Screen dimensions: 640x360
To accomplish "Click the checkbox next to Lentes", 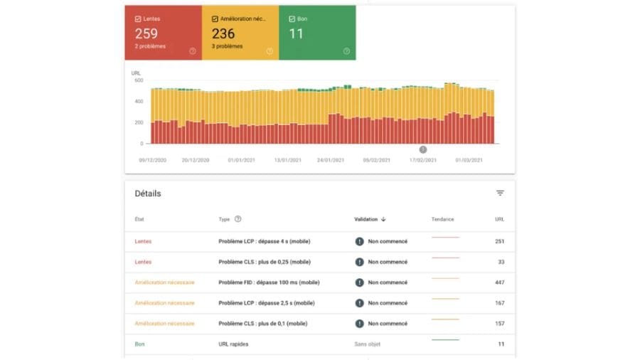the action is click(x=138, y=18).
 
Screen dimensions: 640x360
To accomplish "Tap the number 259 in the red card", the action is click(x=146, y=33).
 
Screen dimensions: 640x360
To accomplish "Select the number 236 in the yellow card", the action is click(x=223, y=33).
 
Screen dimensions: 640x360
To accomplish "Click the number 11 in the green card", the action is click(x=297, y=33).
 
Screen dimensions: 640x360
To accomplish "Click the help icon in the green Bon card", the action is click(x=346, y=51).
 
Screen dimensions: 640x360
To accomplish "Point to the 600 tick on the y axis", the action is click(x=139, y=80).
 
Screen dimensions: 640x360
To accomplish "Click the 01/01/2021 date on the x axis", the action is click(x=241, y=160).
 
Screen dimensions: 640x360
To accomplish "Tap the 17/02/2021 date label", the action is click(x=423, y=160).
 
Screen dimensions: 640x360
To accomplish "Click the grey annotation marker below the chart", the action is click(x=423, y=150).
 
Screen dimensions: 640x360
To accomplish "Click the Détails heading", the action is click(x=148, y=194).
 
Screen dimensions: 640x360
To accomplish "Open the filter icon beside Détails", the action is click(x=500, y=193).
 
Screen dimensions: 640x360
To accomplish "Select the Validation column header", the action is click(x=366, y=219).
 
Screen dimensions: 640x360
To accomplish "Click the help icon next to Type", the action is click(x=238, y=219).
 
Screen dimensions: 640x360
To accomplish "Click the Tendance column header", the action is click(x=442, y=219).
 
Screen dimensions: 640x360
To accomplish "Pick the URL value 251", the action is click(x=500, y=241).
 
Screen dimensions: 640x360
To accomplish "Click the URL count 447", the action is click(x=500, y=282).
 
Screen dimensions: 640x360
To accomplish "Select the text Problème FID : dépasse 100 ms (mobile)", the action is click(x=269, y=282).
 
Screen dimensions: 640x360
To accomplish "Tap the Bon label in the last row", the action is click(x=139, y=344).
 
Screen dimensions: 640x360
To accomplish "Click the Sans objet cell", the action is click(x=368, y=344).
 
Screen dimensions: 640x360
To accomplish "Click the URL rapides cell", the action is click(x=233, y=344).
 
